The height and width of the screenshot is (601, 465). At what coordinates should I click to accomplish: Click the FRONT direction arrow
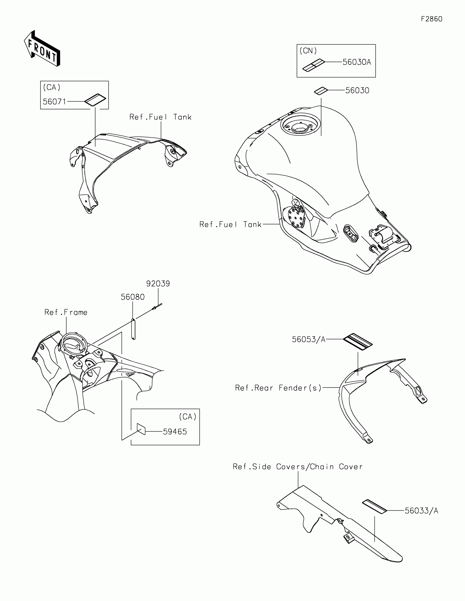42,49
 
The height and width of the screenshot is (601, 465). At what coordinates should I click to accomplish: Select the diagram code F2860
431,19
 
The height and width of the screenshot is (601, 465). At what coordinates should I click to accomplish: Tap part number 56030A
357,62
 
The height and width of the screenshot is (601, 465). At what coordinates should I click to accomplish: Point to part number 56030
357,91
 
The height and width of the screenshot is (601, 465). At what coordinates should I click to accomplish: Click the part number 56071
54,102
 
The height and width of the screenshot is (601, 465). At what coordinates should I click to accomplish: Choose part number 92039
158,284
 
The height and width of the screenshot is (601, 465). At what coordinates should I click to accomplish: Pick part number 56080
133,297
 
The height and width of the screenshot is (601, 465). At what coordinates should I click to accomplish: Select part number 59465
175,432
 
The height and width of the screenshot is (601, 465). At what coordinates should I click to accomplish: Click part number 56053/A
309,340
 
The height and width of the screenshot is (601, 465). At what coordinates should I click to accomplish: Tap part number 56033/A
421,511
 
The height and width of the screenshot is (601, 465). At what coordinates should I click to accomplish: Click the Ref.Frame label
66,312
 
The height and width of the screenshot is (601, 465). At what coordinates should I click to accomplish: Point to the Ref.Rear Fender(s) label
278,388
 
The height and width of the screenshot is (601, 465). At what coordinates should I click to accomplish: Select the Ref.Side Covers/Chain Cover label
298,467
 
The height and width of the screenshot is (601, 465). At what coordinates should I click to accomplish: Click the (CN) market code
308,51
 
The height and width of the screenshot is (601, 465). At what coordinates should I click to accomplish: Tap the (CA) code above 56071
52,88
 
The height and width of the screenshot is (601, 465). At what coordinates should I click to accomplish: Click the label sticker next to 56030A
313,65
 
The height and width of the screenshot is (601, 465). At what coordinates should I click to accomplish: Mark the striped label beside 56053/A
358,342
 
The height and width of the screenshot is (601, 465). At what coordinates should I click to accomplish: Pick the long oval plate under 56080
133,330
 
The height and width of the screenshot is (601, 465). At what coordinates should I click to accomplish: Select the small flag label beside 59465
141,429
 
